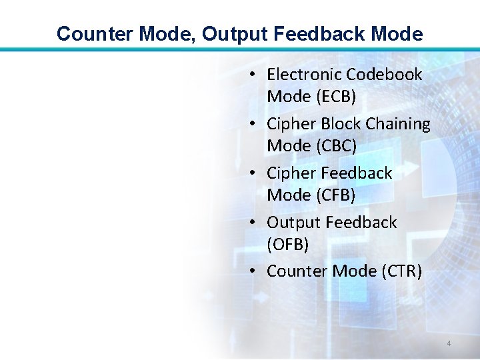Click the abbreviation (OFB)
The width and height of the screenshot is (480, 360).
(x=288, y=245)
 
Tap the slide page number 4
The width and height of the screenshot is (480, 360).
(x=449, y=343)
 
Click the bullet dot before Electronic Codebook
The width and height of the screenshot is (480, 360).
(x=255, y=75)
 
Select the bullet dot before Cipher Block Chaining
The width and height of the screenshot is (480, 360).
(x=255, y=125)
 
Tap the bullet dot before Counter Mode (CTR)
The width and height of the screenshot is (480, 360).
(x=255, y=272)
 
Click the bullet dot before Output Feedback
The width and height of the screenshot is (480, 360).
(x=255, y=223)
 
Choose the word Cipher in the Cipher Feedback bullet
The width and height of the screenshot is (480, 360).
(x=291, y=173)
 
